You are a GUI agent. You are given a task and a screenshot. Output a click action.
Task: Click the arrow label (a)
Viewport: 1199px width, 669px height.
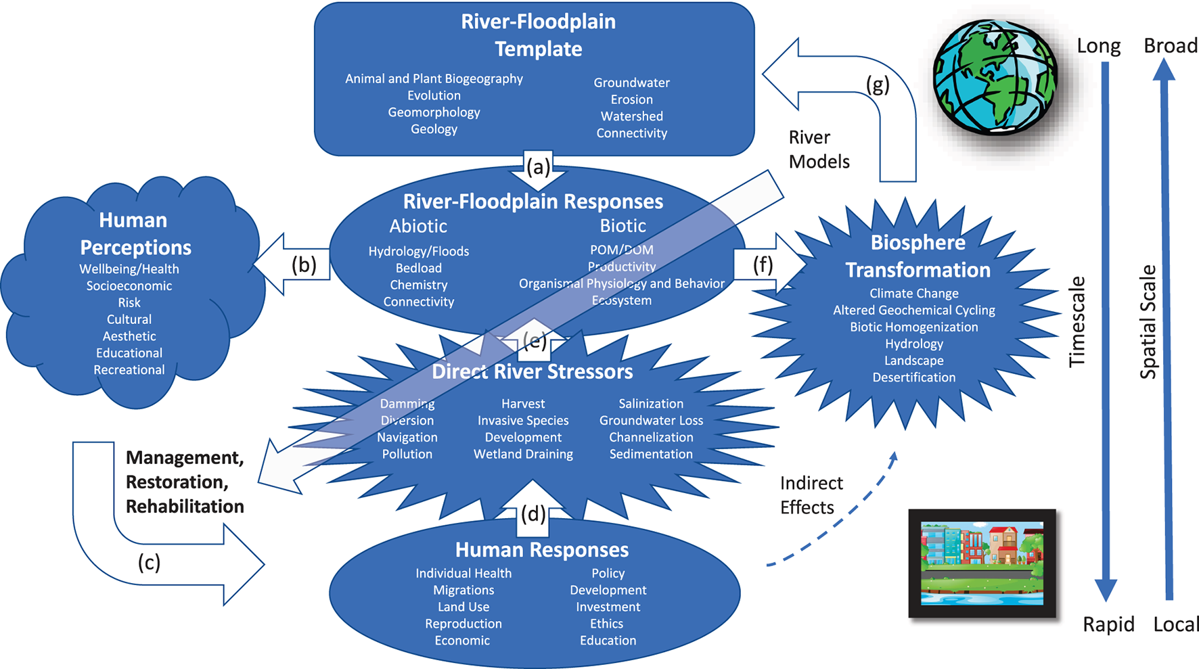tap(538, 167)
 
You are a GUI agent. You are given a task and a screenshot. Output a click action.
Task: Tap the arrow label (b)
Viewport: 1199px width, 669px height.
tap(304, 264)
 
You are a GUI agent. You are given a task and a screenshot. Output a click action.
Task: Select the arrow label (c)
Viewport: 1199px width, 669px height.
tap(149, 562)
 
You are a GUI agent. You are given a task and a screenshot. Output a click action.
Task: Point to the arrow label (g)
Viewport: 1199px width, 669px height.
tap(878, 85)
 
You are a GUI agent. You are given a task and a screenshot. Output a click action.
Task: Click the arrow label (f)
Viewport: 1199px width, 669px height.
tap(763, 264)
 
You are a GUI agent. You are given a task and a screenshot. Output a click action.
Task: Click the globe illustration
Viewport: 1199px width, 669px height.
tap(994, 76)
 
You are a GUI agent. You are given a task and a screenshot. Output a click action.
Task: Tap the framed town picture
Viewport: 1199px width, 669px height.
tap(982, 563)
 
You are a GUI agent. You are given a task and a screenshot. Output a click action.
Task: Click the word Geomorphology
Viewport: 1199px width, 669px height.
tap(434, 112)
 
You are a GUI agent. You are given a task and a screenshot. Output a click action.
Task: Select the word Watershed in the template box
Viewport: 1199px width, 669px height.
tap(631, 116)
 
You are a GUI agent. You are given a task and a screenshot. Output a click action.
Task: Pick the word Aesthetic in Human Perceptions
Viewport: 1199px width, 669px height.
tap(129, 336)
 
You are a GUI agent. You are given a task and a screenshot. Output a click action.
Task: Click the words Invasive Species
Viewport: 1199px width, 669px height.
tap(523, 421)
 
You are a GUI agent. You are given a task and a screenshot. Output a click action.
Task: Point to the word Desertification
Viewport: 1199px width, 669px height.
tap(913, 377)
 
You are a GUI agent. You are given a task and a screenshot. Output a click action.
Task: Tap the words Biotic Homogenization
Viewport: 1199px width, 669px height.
tap(913, 327)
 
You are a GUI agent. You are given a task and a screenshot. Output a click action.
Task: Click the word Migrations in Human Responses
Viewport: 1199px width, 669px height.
tap(463, 590)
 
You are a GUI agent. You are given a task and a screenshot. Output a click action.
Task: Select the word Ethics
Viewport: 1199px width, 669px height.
tap(606, 624)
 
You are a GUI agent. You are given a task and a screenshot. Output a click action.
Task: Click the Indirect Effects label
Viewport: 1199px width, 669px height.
tap(811, 495)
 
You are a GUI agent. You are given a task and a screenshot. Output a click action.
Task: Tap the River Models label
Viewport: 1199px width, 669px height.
tap(818, 149)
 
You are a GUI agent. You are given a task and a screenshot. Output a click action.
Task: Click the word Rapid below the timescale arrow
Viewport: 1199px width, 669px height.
tap(1108, 624)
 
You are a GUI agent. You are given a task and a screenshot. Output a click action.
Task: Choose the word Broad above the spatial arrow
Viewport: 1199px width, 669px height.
tap(1170, 45)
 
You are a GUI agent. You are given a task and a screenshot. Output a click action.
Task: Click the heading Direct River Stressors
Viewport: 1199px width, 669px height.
tap(532, 371)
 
